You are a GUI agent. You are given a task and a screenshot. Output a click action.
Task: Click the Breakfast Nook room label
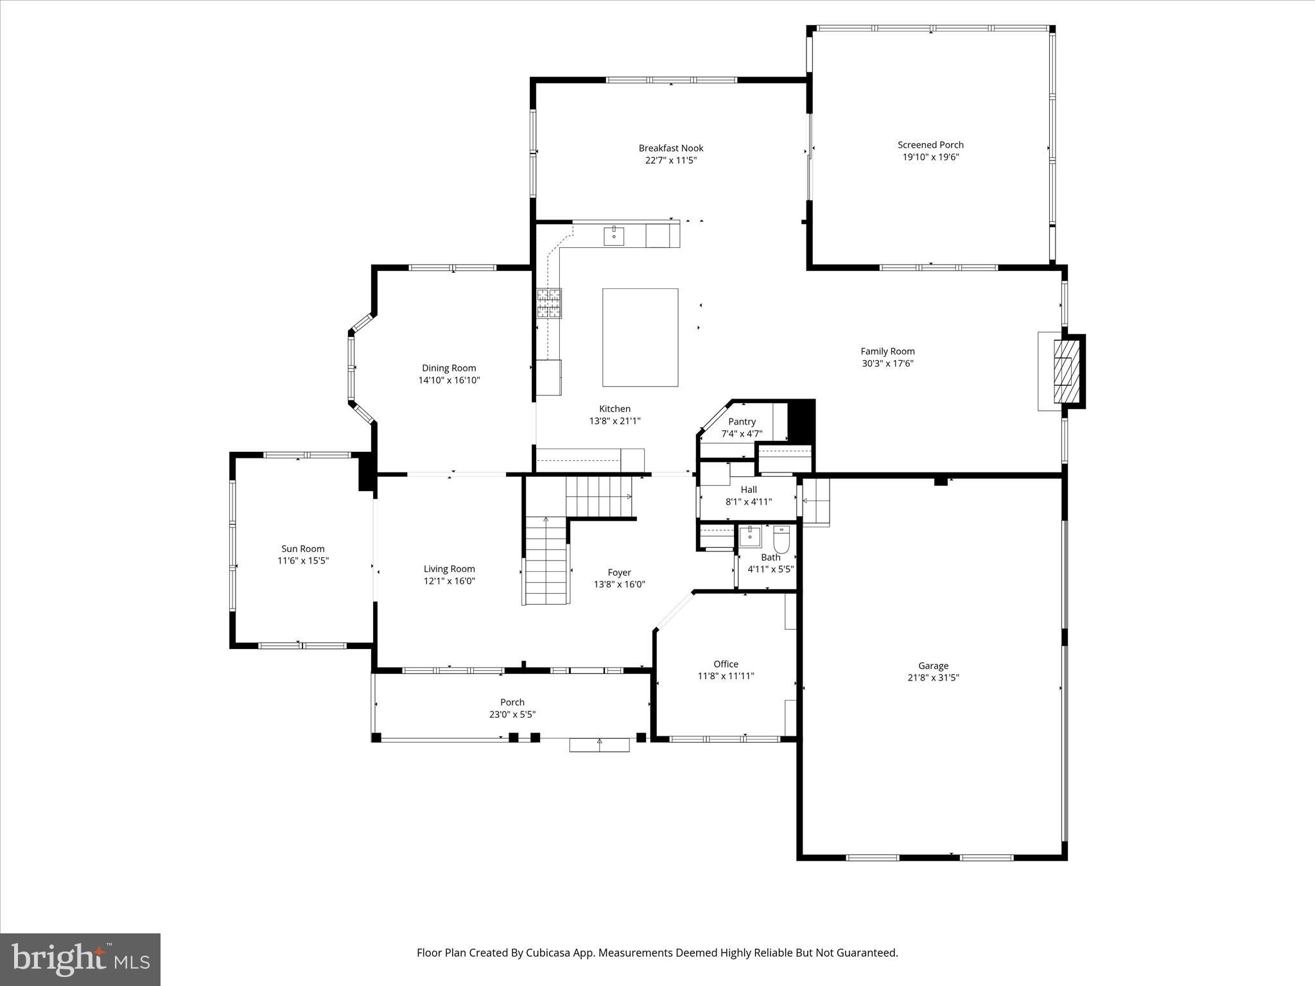[x=670, y=148]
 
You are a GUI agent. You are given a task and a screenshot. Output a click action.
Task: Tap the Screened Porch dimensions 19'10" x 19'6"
[x=930, y=157]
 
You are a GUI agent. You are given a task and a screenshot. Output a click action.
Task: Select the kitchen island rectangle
[x=640, y=337]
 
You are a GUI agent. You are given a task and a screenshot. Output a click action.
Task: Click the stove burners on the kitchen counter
[x=549, y=304]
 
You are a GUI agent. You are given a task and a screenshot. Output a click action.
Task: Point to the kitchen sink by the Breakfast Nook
[x=614, y=236]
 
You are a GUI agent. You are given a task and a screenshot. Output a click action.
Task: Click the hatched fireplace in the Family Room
[x=1066, y=370]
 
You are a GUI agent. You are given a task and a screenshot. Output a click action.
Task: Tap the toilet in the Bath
[x=781, y=539]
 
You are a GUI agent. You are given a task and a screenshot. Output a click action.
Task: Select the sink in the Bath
[x=749, y=536]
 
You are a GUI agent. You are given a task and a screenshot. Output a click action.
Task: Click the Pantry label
[x=742, y=422]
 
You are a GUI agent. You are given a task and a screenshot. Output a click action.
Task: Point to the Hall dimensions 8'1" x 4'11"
[x=749, y=502]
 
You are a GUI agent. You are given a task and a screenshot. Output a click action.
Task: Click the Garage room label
[x=933, y=666]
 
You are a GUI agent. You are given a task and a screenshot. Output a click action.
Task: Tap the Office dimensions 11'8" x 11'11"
[x=726, y=676]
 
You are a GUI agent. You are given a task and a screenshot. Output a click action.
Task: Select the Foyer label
[x=619, y=573]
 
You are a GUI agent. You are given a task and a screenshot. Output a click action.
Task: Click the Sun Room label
[x=302, y=549]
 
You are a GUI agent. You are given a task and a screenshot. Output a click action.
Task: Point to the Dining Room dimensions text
[x=449, y=380]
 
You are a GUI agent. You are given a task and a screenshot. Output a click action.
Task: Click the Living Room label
[x=449, y=569]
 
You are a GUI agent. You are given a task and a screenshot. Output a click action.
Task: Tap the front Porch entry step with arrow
[x=600, y=744]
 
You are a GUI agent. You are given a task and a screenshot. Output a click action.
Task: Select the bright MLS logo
[x=80, y=959]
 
